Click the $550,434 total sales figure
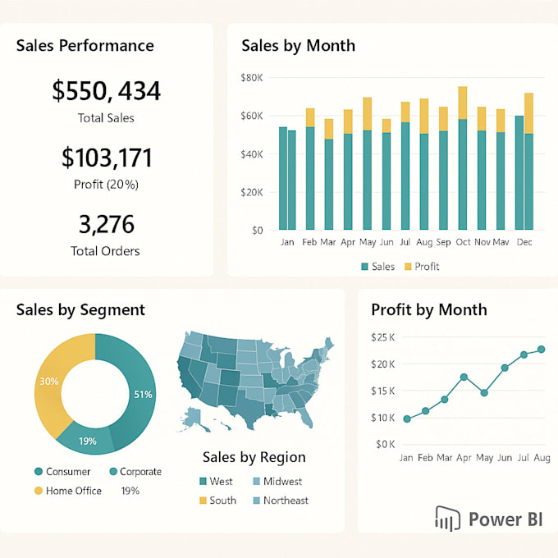pos(106,91)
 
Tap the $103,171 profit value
pos(106,158)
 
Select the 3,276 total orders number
pos(106,225)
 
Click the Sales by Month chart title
pos(297,45)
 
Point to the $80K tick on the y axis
pos(251,78)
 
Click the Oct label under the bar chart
pos(463,243)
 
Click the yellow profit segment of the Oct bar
pos(463,103)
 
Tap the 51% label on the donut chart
pos(143,395)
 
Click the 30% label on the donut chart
pos(48,382)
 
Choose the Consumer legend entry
pos(62,472)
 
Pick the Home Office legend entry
pos(67,491)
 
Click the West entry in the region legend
pos(215,482)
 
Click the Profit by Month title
pos(428,310)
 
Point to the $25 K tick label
pos(383,337)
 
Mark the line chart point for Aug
pos(541,350)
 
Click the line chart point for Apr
pos(464,377)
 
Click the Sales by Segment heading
pos(80,310)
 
